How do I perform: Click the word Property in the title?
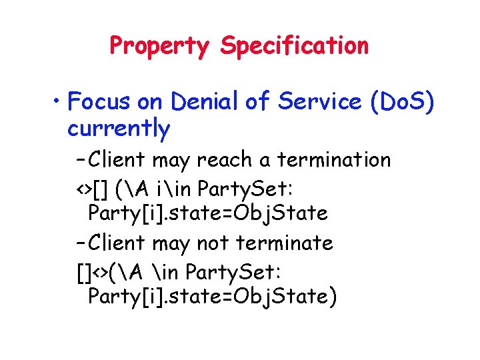click(x=159, y=46)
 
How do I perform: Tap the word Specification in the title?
click(x=294, y=46)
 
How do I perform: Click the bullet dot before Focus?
click(x=57, y=103)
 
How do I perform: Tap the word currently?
click(x=119, y=129)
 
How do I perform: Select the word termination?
click(x=333, y=160)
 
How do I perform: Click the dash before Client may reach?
click(x=81, y=161)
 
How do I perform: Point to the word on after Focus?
click(x=150, y=103)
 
